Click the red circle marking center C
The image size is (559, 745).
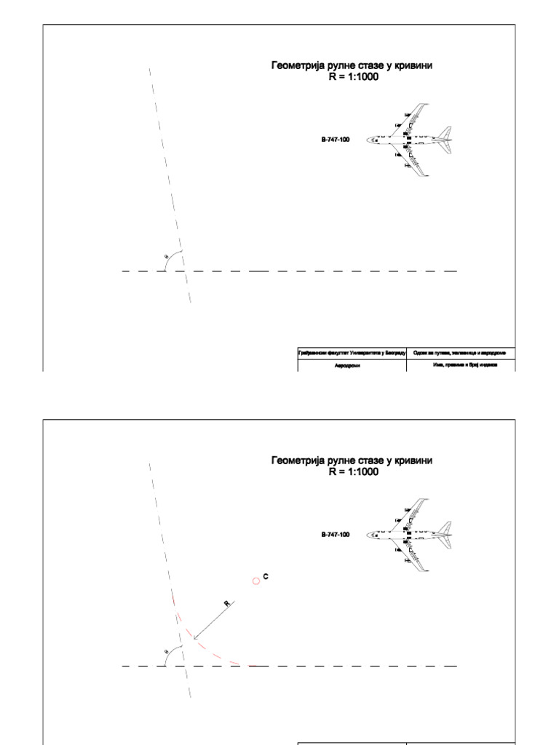[x=256, y=581]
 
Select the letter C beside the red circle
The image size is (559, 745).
[x=266, y=576]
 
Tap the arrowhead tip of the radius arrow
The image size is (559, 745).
[x=194, y=640]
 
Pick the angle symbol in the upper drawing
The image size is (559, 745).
[x=167, y=257]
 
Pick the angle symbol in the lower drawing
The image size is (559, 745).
[x=167, y=652]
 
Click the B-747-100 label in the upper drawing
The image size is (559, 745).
[x=336, y=139]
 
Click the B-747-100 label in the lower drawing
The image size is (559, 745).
[x=336, y=534]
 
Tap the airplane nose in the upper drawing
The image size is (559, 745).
[x=369, y=139]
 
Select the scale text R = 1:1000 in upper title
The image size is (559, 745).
[x=353, y=76]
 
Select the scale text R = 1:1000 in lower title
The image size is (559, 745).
[x=353, y=471]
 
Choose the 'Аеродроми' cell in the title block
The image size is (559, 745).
[x=352, y=365]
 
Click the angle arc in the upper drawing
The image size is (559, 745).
[x=171, y=258]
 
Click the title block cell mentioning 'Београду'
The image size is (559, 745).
[x=352, y=353]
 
